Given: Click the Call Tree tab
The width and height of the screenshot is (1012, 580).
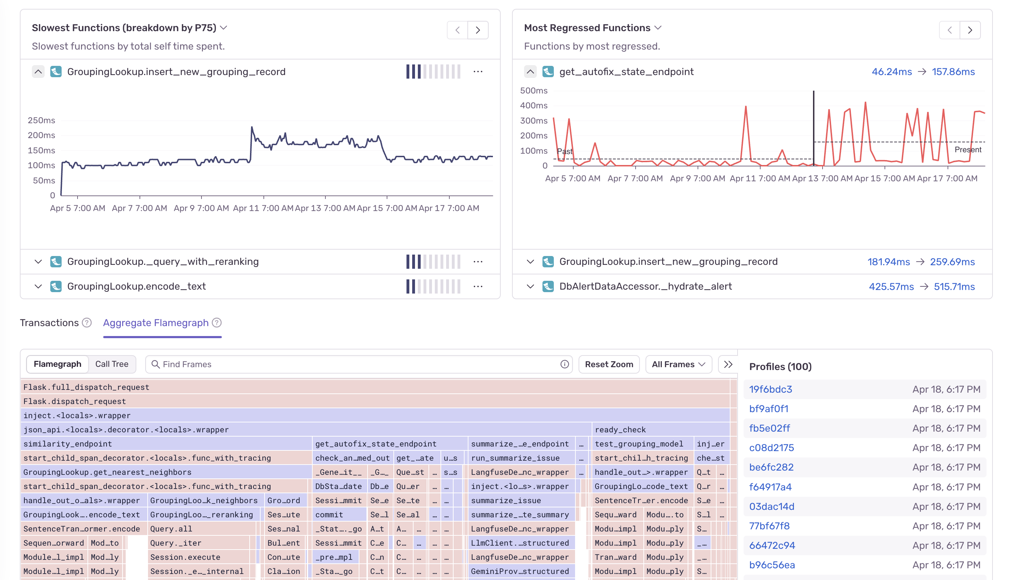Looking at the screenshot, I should point(112,364).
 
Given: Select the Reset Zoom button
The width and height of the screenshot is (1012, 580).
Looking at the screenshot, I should point(609,364).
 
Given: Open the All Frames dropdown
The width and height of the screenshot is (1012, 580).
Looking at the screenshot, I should point(678,364).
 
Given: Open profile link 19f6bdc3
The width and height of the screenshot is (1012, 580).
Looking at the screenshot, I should point(770,389).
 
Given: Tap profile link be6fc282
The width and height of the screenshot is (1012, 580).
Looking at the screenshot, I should point(771,467).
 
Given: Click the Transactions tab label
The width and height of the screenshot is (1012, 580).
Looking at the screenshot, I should point(49,323).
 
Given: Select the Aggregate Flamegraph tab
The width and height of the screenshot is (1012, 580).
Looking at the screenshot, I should point(156,323).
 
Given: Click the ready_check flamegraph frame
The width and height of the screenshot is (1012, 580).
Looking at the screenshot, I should point(620,430).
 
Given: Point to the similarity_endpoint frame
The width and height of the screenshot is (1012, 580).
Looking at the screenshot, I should point(68,444).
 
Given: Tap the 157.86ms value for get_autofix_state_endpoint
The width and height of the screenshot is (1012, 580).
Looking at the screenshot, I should point(953,72).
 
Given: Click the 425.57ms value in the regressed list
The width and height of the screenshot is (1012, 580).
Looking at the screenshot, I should point(891,286).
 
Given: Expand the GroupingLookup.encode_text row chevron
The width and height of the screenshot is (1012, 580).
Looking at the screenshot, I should point(38,286).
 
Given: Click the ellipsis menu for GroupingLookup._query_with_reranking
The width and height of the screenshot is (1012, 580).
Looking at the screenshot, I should point(478,262).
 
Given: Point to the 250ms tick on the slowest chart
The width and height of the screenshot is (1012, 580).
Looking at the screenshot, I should point(41,120).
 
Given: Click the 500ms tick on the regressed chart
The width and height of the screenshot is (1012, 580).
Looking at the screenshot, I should point(534,90).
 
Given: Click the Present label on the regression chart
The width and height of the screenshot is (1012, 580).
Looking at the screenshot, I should point(967,149).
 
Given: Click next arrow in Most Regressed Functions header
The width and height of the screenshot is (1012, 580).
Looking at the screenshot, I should point(970,30).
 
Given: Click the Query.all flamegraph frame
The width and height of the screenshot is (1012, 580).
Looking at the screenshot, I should point(171,529).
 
